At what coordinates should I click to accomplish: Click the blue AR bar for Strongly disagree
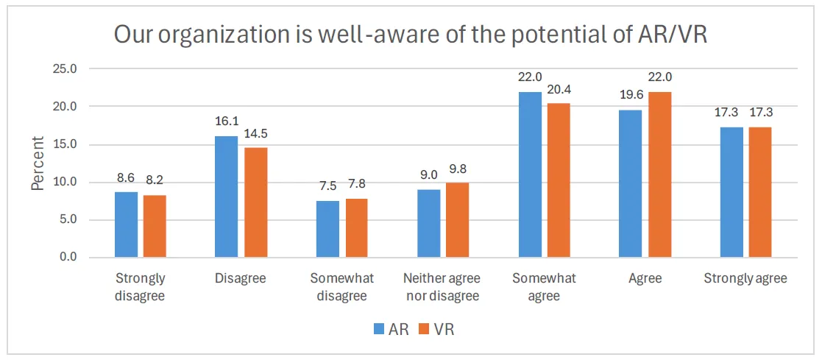coord(126,225)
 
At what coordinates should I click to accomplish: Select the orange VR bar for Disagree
coord(255,202)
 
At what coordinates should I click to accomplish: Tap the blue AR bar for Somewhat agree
coord(530,174)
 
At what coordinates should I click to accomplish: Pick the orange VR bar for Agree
coord(659,174)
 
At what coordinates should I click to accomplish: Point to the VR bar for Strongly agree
coord(759,192)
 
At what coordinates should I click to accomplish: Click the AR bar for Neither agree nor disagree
coord(430,223)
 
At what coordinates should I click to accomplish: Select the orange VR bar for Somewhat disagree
coord(355,227)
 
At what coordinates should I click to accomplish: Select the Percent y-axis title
coord(38,163)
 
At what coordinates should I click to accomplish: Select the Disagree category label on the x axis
coord(240,279)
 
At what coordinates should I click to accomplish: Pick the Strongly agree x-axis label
coord(745,279)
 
